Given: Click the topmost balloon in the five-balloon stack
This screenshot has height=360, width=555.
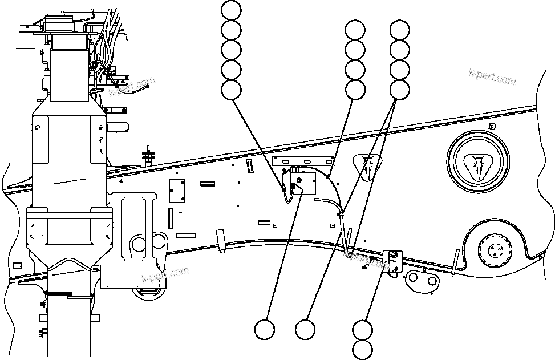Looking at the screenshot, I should tap(231, 10).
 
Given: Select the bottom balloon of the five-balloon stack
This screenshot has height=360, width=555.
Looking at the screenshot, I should tap(231, 89).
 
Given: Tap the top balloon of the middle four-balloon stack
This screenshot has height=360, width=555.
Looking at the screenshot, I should tap(355, 30).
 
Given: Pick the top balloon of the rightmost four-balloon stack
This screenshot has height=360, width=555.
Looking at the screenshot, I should tap(399, 30).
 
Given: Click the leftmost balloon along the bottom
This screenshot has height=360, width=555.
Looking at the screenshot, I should tap(264, 329).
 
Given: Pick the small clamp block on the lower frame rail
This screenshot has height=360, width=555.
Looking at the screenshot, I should tap(393, 260).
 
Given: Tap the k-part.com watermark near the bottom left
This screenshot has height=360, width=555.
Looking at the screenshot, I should tap(165, 276).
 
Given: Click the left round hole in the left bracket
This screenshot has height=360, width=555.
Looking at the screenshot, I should tap(139, 245).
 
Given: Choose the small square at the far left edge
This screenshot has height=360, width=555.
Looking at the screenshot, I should tap(18, 266).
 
